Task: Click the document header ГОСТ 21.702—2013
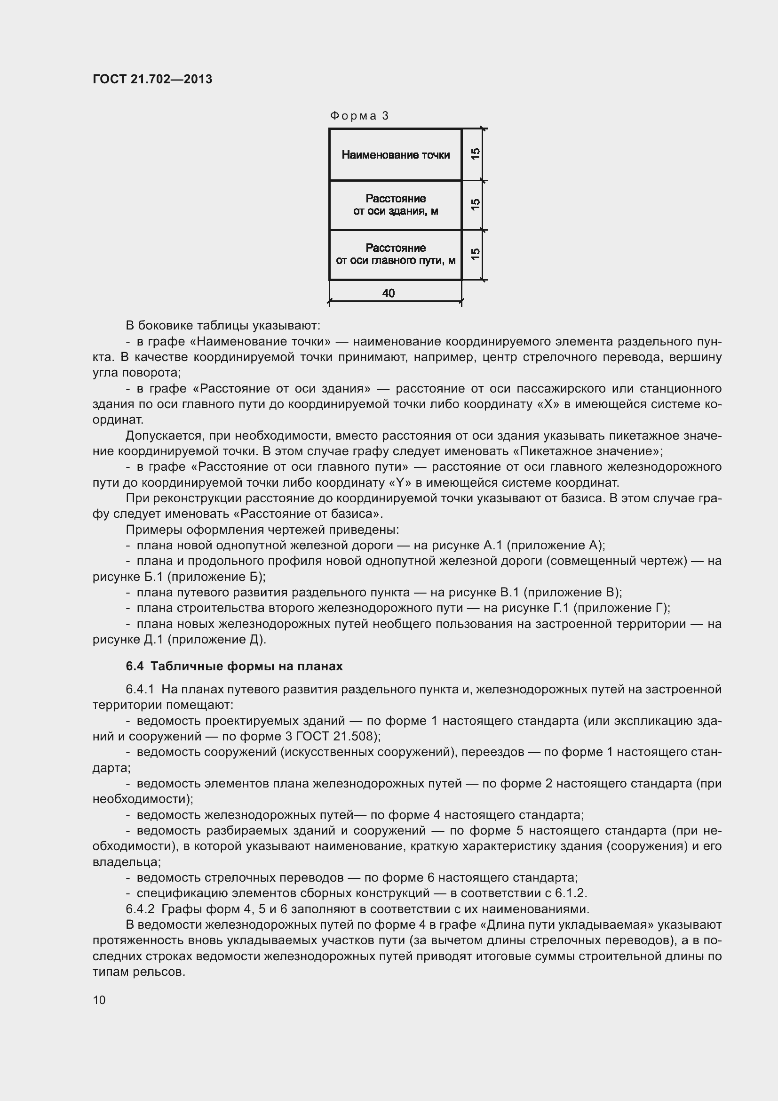(152, 79)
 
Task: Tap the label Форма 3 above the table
(359, 116)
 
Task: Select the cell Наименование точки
(395, 155)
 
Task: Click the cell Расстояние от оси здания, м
(395, 205)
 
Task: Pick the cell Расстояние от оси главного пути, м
(395, 254)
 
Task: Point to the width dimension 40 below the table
(389, 293)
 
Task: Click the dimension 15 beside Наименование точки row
(475, 154)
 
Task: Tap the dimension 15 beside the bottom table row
(475, 254)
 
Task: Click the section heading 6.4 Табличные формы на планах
(234, 666)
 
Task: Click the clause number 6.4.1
(140, 690)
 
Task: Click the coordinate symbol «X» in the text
(548, 404)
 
